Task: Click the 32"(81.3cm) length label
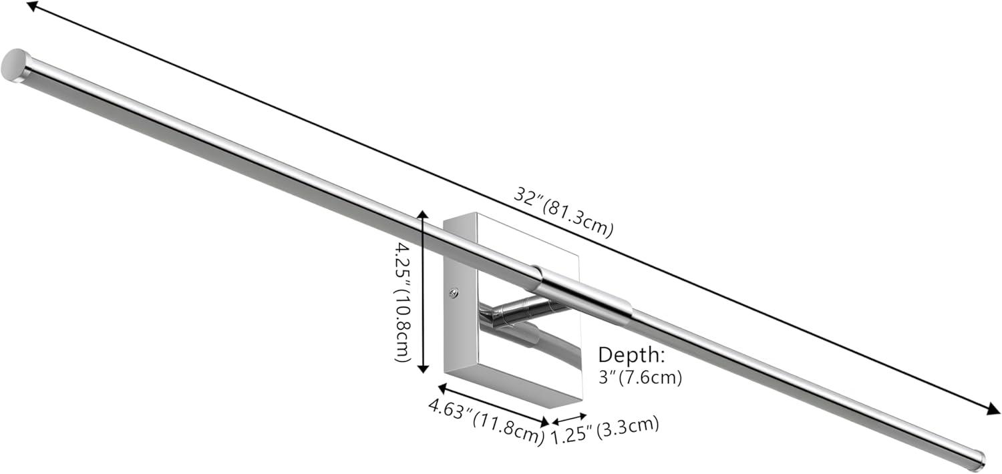pyautogui.click(x=563, y=212)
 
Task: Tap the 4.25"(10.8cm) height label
pyautogui.click(x=403, y=302)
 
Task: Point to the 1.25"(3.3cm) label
pyautogui.click(x=605, y=430)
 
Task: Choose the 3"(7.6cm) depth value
pyautogui.click(x=639, y=377)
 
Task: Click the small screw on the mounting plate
pyautogui.click(x=454, y=292)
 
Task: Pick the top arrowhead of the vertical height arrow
pyautogui.click(x=422, y=214)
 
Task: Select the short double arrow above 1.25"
pyautogui.click(x=568, y=418)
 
